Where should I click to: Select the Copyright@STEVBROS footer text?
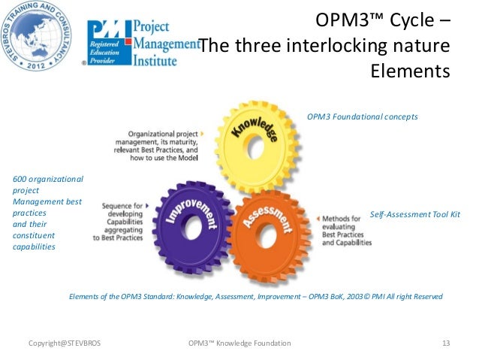pos(64,343)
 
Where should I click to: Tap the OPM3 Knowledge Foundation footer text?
pos(241,343)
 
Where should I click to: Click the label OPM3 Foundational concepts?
pos(362,116)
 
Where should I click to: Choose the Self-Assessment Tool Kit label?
pos(414,214)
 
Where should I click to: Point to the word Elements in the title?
pos(410,72)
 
